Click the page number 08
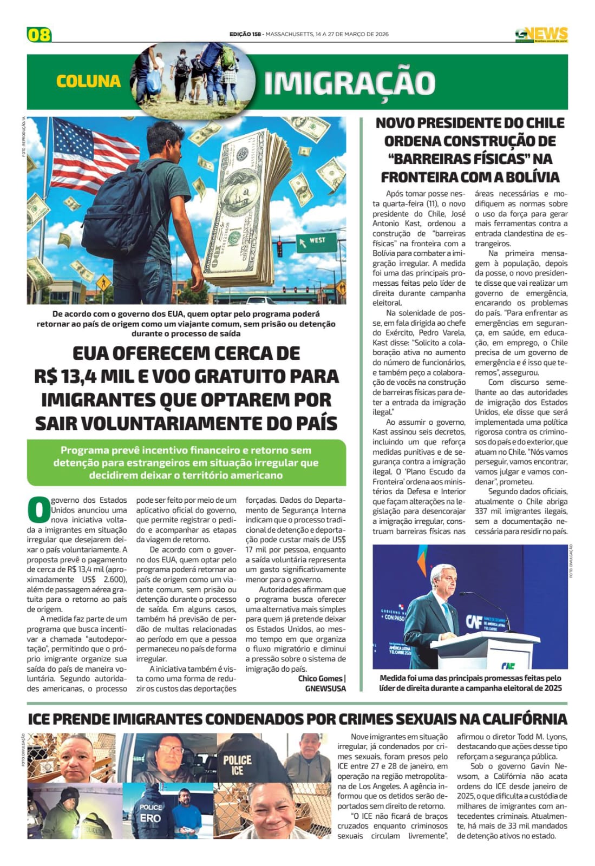tap(39, 34)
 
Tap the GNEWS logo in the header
tap(541, 35)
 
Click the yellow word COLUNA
tap(88, 81)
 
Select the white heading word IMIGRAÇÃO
tap(350, 83)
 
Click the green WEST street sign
tap(315, 241)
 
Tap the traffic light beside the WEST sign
tap(280, 248)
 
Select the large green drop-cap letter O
tap(38, 509)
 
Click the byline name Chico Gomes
tap(320, 678)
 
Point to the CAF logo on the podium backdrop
tap(474, 621)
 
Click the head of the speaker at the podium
tap(442, 578)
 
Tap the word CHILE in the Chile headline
tap(544, 123)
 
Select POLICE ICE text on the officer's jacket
tap(237, 764)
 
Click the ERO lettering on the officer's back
tap(150, 818)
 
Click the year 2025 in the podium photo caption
tap(552, 688)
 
